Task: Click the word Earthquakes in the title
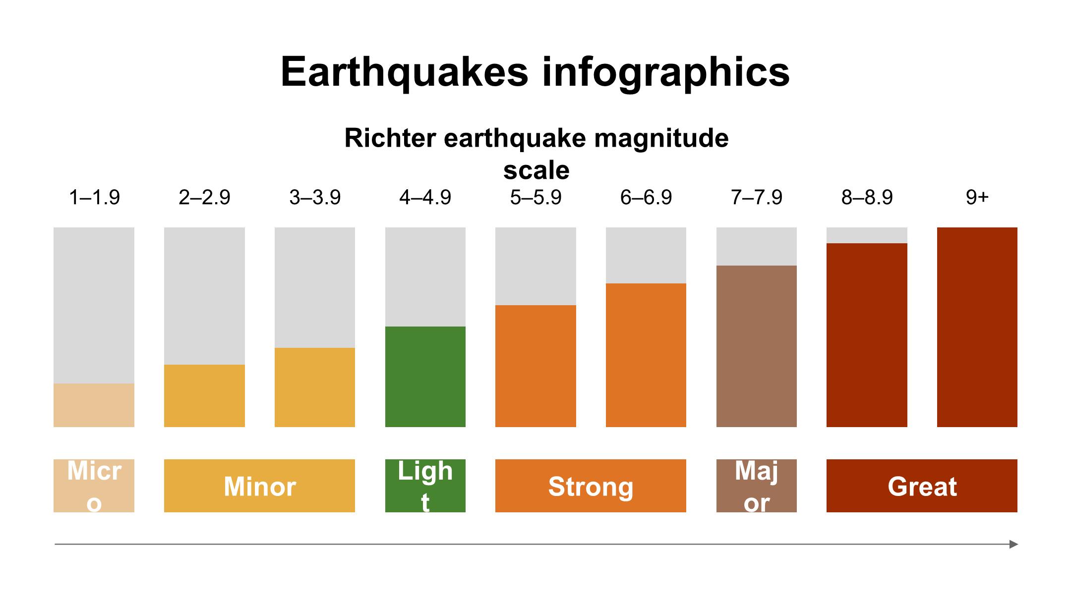404,72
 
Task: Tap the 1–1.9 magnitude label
94,198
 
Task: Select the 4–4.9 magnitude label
425,198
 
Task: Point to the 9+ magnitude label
977,198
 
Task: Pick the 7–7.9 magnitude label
756,198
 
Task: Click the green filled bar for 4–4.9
425,377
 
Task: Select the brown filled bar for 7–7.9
756,346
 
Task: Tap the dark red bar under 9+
977,327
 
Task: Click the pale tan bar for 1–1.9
94,405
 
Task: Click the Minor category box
259,486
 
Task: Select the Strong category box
591,486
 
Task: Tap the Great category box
922,486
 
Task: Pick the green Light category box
425,486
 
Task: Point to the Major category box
756,486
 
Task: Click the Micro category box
94,486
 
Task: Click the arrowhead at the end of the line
1013,544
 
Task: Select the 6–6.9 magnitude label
646,198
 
